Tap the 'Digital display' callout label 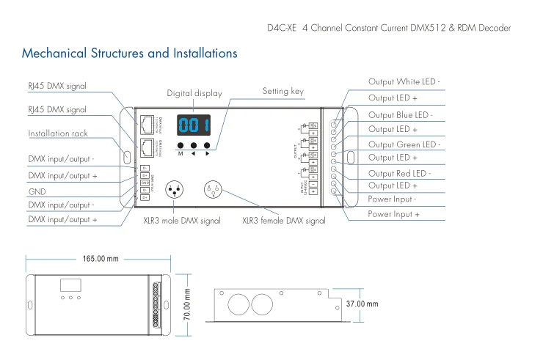pyautogui.click(x=194, y=94)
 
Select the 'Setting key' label pyautogui.click(x=283, y=92)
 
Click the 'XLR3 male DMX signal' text pyautogui.click(x=181, y=220)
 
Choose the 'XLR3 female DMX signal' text pyautogui.click(x=283, y=220)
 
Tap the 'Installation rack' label pyautogui.click(x=58, y=134)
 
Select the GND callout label pyautogui.click(x=36, y=189)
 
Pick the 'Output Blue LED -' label pyautogui.click(x=401, y=115)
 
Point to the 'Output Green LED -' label pyautogui.click(x=404, y=144)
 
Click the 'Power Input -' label pyautogui.click(x=392, y=199)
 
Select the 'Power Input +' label pyautogui.click(x=393, y=214)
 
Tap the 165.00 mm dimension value pyautogui.click(x=100, y=259)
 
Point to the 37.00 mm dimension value pyautogui.click(x=362, y=304)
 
